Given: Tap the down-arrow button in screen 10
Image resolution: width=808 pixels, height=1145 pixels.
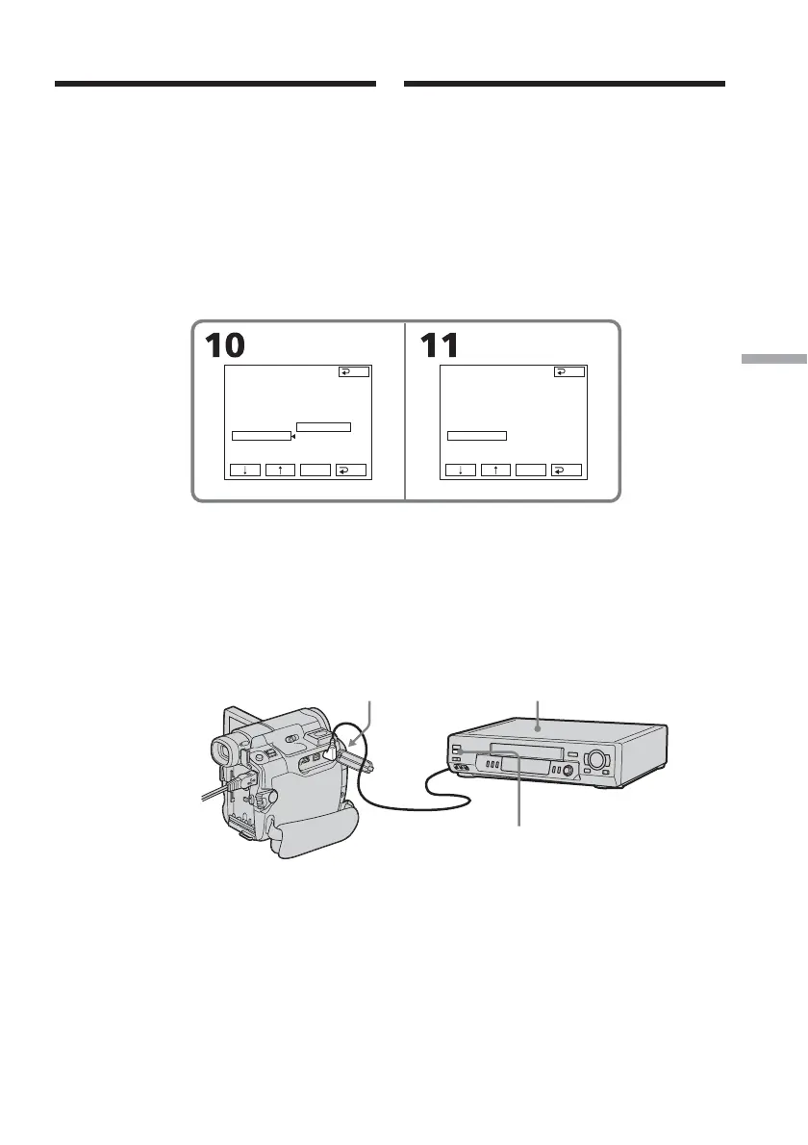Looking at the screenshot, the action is click(244, 471).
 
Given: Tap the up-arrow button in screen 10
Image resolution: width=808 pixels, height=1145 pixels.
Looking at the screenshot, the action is click(280, 471).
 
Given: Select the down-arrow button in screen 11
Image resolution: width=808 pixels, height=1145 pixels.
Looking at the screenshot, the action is click(460, 471).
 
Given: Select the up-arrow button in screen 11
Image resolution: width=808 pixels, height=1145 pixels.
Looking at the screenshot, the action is click(495, 471).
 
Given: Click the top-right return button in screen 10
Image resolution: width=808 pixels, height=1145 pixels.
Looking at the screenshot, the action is click(354, 371).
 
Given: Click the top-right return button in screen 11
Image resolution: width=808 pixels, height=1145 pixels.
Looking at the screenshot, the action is click(569, 371).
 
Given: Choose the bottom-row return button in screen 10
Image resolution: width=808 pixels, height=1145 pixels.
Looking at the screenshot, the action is click(352, 471).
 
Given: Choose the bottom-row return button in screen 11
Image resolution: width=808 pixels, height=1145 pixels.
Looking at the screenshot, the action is click(568, 471).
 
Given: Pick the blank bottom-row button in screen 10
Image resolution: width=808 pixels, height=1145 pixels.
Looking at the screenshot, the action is click(316, 471).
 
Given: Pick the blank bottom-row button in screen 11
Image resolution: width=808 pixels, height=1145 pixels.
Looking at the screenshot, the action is click(531, 471).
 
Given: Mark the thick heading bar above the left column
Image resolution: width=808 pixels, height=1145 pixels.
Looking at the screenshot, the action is click(215, 85).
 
